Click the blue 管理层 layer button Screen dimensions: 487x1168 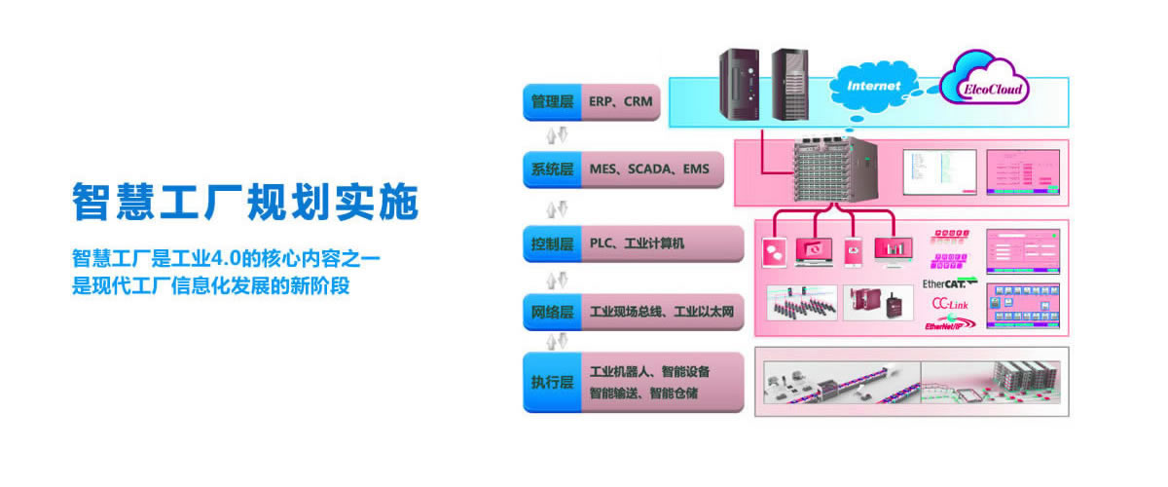tap(552, 102)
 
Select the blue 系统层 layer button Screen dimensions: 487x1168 tap(552, 170)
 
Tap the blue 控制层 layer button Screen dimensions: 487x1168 tap(552, 243)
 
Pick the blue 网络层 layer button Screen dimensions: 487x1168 tap(552, 314)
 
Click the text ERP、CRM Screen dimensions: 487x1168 tap(621, 102)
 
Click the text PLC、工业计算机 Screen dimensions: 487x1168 tap(637, 243)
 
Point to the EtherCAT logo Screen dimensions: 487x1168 tap(943, 283)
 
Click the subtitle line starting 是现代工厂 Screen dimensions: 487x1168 tap(210, 288)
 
